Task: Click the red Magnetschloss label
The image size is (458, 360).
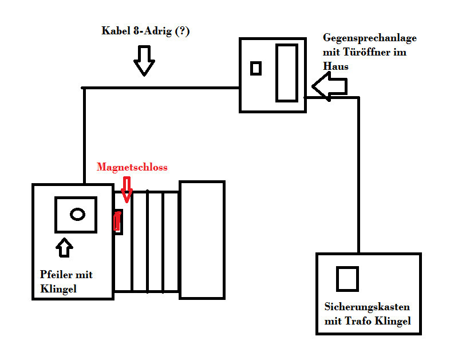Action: point(132,167)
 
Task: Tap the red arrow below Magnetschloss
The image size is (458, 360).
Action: point(127,188)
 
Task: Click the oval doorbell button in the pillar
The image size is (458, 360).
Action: point(77,215)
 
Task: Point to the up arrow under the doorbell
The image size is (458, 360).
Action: point(65,247)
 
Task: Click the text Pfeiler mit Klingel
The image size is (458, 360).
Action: point(66,282)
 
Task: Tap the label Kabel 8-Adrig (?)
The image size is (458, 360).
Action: point(145,31)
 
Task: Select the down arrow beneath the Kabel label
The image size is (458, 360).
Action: point(144,61)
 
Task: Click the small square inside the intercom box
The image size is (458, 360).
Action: point(256,68)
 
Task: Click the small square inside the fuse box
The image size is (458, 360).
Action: point(347,279)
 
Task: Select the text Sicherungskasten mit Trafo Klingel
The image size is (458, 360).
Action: point(368,314)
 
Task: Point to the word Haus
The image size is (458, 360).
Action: point(335,67)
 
